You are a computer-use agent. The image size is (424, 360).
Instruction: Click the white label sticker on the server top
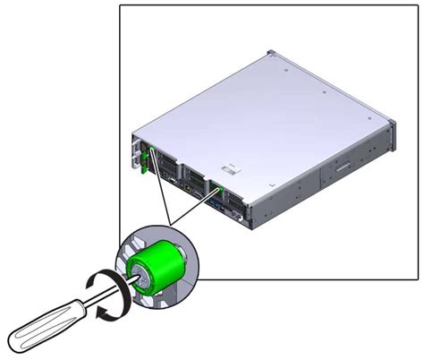pos(231,167)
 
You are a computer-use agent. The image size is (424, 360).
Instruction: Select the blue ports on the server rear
pos(217,204)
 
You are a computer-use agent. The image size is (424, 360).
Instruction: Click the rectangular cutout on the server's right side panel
pos(342,168)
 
